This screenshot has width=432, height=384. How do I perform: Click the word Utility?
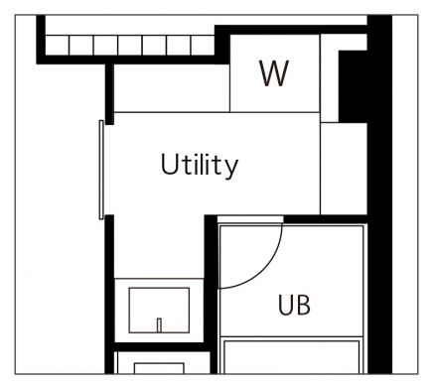point(200,165)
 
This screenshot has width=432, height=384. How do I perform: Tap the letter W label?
point(274,73)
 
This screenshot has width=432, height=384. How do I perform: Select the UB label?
point(294,305)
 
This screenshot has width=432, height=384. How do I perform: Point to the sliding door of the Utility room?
point(101,170)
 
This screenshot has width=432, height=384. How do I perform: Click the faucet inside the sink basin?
point(159,325)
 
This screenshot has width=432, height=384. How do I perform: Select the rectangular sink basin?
point(159,311)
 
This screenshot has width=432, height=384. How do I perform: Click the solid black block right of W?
point(353,86)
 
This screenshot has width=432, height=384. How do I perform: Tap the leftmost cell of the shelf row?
point(57,46)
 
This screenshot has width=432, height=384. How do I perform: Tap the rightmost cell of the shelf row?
point(203,46)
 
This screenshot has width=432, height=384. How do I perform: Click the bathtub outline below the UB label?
point(292,355)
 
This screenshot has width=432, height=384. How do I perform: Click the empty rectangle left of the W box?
point(172,88)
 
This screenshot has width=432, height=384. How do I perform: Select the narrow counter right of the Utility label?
point(344,169)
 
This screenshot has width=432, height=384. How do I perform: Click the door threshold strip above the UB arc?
point(250,219)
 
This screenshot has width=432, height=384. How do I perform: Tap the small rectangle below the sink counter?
point(159,368)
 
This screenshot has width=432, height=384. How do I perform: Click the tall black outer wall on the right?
point(379,194)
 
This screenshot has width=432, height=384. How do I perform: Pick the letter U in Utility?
point(169,164)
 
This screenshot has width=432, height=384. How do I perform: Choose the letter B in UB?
point(303,305)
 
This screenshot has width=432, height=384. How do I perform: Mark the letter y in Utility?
point(232,169)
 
